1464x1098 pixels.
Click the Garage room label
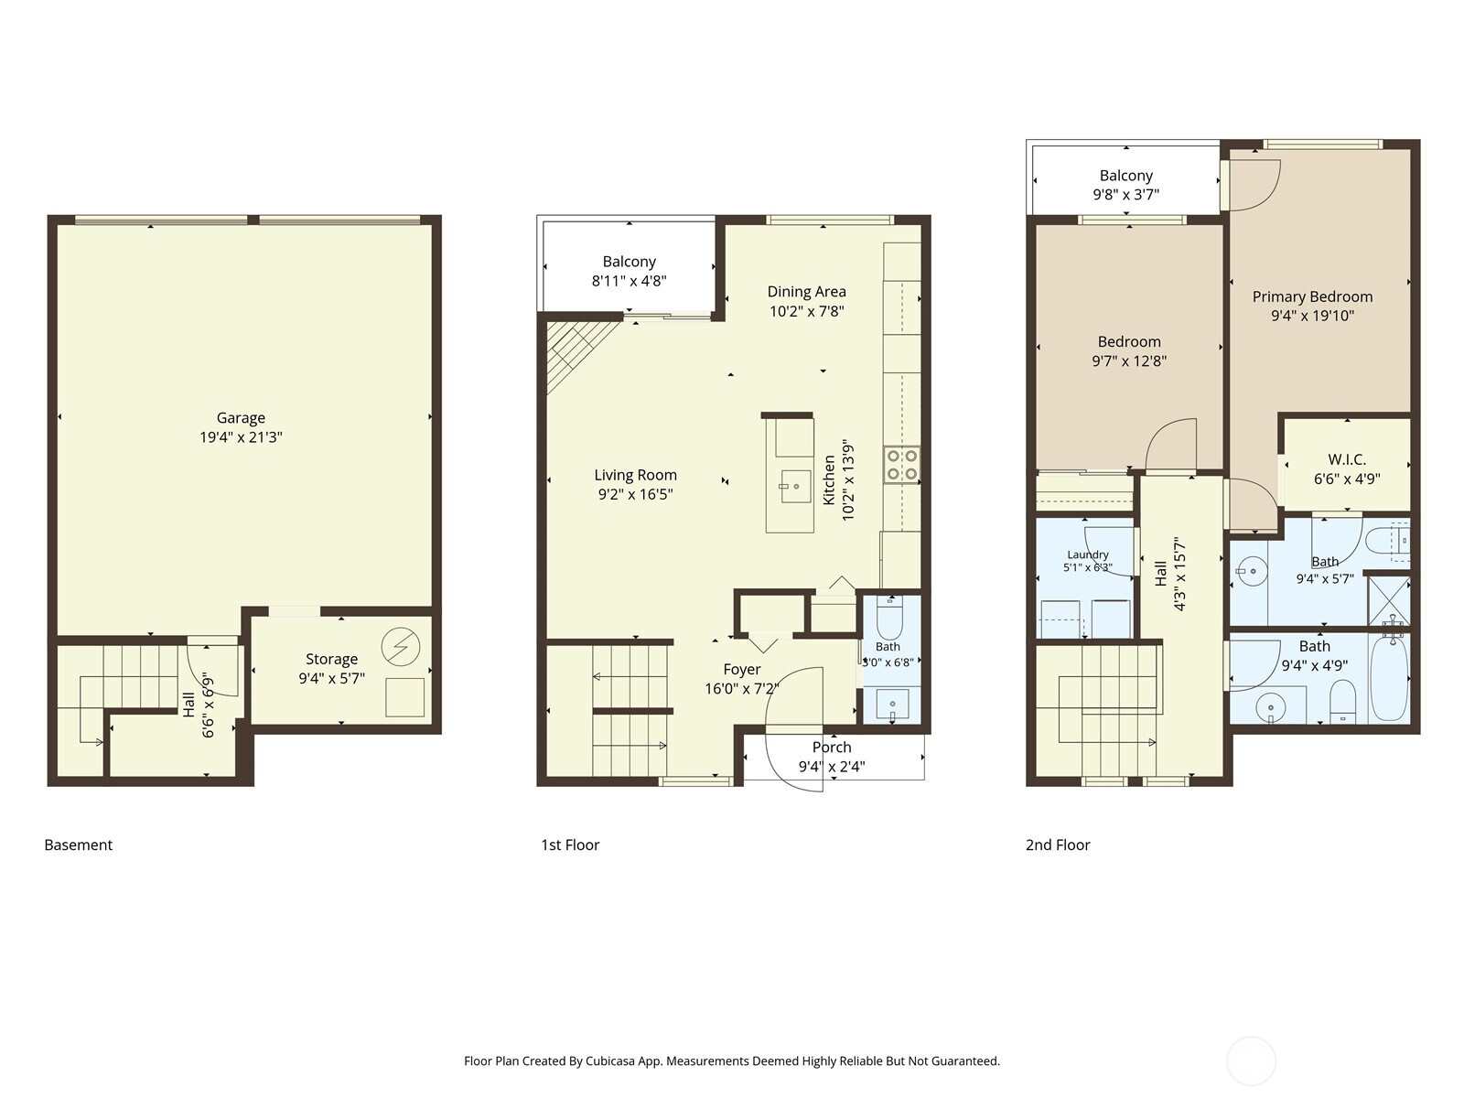241,418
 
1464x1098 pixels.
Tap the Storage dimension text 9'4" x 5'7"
331,679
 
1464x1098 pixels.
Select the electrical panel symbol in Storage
401,647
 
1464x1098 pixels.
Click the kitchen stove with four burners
902,465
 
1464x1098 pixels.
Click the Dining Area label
806,291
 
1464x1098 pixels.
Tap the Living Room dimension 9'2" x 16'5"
635,495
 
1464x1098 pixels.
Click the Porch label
832,748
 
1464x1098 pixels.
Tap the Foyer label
742,670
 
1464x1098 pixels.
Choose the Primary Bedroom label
1312,296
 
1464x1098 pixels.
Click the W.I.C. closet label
1347,459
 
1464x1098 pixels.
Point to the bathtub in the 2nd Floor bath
1389,678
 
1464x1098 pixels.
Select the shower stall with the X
1389,600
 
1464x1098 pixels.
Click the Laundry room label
1088,554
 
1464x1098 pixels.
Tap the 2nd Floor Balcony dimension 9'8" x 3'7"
1125,195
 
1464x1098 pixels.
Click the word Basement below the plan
78,845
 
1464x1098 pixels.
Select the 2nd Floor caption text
1058,845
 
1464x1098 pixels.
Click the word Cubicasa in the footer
610,1060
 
